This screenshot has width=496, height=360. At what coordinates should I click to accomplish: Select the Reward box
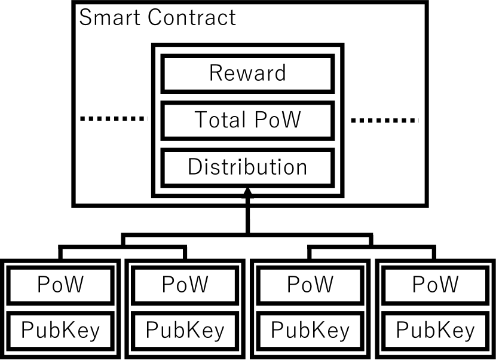pos(247,74)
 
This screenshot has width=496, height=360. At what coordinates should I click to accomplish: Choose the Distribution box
pos(247,167)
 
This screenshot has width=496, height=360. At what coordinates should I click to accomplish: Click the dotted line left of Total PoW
pos(113,120)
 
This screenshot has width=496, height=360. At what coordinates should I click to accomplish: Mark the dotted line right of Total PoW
pos(384,120)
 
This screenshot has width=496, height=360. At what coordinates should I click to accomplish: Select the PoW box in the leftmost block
pos(60,284)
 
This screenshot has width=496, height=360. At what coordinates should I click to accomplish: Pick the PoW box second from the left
pos(185,284)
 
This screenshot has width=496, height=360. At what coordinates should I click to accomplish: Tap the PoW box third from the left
pos(310,284)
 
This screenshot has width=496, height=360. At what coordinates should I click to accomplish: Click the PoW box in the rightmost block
pos(435,284)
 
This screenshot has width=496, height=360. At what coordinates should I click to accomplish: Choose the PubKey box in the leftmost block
pos(60,330)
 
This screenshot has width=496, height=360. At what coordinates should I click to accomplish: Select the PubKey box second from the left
pos(185,330)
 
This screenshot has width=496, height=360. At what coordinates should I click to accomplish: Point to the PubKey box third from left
pos(310,330)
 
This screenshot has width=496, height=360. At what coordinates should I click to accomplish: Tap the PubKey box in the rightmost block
pos(435,330)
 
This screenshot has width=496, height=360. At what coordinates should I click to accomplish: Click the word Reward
pos(247,74)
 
